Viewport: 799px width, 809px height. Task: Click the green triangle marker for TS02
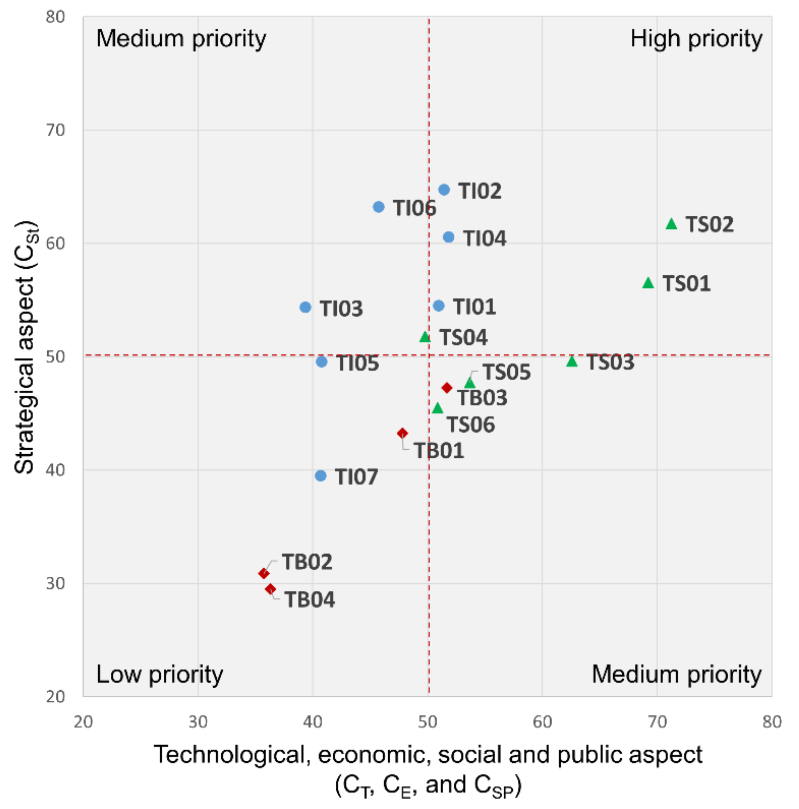[x=671, y=224]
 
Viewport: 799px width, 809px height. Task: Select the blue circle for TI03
[x=306, y=307]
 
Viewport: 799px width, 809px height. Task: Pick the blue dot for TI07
[x=321, y=476]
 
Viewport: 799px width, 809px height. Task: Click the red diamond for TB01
[x=402, y=433]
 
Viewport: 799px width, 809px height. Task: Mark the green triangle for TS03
[x=572, y=361]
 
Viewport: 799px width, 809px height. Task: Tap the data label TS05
[x=507, y=372]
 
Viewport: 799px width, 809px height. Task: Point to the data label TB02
[x=307, y=562]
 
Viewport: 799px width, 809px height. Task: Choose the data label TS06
[x=471, y=425]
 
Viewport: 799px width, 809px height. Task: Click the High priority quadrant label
[x=696, y=39]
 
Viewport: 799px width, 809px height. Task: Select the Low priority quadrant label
[x=160, y=675]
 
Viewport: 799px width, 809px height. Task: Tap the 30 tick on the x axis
[x=198, y=722]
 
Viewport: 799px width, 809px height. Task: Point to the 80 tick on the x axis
[x=772, y=722]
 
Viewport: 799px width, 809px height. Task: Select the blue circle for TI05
[x=321, y=362]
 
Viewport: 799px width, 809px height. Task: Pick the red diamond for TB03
[x=447, y=388]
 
